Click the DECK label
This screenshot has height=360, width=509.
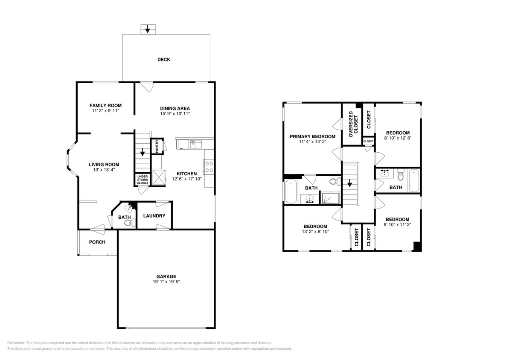coord(163,60)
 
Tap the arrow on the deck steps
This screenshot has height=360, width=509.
coord(148,29)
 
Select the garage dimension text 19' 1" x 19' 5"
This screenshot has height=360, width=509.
coord(164,282)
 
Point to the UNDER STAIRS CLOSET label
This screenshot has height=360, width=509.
coord(143,179)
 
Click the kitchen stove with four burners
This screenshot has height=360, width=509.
coord(209,166)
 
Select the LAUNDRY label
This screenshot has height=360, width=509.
coord(154,216)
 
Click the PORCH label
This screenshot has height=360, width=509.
coord(97,242)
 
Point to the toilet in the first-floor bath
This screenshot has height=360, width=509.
coord(133,222)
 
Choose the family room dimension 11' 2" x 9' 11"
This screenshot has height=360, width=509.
coord(105,111)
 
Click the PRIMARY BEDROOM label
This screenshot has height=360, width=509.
coord(312,136)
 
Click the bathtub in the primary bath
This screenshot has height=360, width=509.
coord(291,192)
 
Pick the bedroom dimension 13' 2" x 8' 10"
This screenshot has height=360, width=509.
coord(315,232)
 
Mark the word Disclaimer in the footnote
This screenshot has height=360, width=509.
coord(16,343)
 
